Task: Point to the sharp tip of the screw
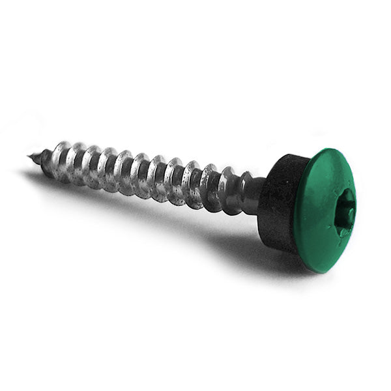point(31,156)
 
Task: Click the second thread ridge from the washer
point(210,185)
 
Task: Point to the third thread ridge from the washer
point(192,182)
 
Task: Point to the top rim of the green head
point(326,151)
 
